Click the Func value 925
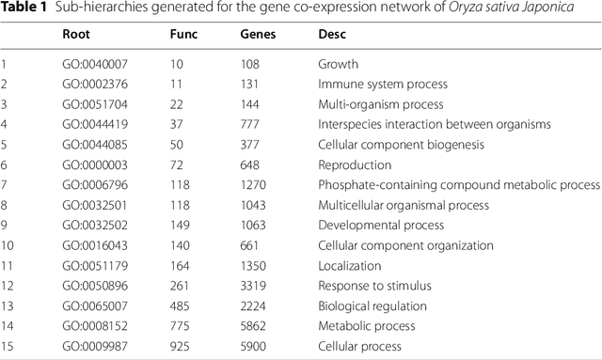click(x=181, y=347)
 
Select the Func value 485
click(x=181, y=306)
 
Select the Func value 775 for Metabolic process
click(x=181, y=326)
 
